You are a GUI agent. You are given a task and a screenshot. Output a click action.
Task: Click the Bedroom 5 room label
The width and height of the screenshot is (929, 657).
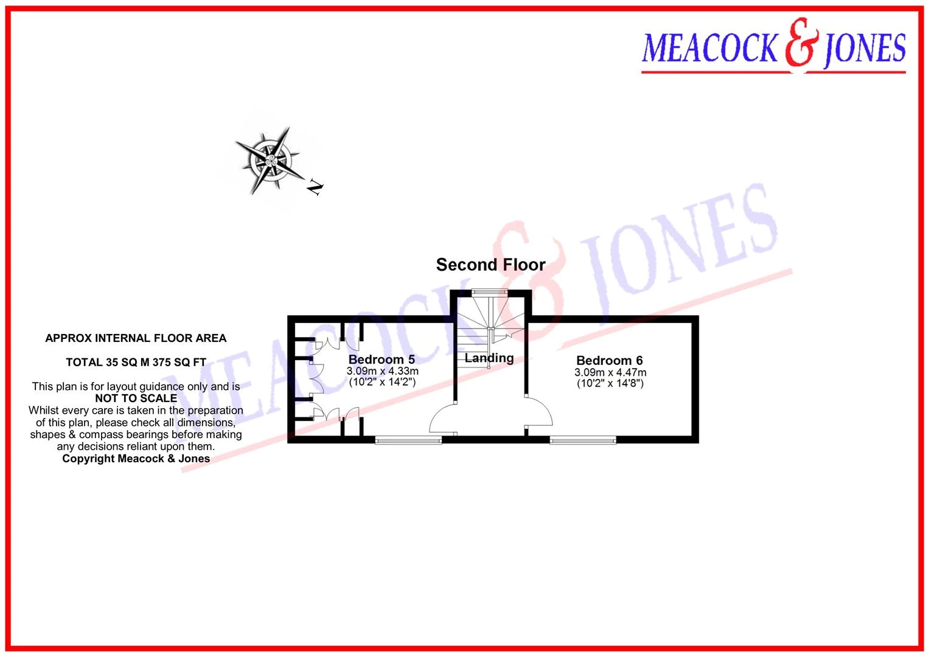381,359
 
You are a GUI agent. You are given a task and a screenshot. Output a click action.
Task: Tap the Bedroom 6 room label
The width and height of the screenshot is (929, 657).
610,360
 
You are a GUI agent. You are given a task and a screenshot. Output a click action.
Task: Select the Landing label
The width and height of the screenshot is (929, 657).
489,358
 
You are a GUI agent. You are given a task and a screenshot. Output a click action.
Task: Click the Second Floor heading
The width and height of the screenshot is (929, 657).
490,265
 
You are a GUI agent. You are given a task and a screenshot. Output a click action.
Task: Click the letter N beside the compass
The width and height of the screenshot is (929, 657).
315,187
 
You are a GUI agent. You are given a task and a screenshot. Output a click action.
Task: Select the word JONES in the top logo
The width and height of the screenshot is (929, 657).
865,49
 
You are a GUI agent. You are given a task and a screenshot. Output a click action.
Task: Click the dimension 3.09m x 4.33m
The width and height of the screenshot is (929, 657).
383,371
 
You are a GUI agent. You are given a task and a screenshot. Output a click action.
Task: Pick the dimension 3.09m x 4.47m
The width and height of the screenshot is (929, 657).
610,372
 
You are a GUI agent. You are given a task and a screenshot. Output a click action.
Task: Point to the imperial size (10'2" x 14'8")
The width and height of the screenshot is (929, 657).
610,383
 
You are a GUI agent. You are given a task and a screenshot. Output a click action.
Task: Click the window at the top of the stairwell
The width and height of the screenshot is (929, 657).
490,292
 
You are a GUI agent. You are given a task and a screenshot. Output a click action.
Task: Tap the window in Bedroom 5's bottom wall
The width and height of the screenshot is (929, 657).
408,440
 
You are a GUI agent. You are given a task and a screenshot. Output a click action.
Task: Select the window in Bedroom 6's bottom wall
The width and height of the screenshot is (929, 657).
583,440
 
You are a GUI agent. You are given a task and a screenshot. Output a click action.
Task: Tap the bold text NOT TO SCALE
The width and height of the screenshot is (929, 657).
136,398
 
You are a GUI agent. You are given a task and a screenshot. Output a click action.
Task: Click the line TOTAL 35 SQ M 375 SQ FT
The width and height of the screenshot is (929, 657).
136,363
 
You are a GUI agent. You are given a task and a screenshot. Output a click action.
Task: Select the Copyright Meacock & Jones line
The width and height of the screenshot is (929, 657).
136,458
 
